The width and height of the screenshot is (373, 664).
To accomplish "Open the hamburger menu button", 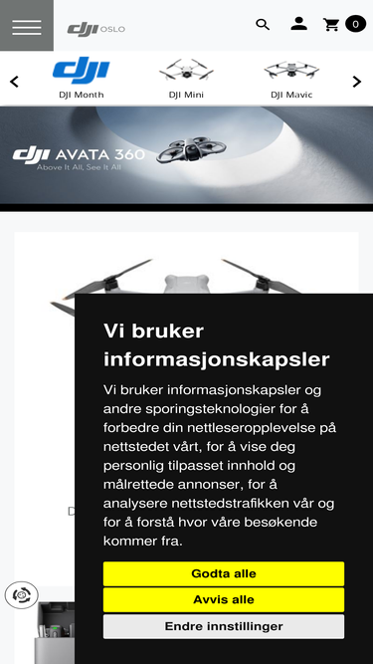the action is pyautogui.click(x=27, y=26).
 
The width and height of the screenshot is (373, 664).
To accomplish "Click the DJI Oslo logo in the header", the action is pyautogui.click(x=95, y=29).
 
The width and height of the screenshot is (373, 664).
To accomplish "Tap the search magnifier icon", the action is pyautogui.click(x=263, y=25).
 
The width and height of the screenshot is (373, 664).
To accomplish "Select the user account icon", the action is pyautogui.click(x=298, y=24).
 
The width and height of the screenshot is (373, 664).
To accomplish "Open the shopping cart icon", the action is pyautogui.click(x=331, y=25).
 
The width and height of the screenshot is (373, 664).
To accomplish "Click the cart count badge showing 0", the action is pyautogui.click(x=355, y=24).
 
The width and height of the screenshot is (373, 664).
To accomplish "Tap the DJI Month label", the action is pyautogui.click(x=82, y=96).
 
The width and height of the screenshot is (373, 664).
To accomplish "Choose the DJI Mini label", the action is pyautogui.click(x=186, y=96).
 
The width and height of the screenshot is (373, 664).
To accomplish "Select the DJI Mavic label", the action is pyautogui.click(x=291, y=96).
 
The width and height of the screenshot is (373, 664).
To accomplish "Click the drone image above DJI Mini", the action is pyautogui.click(x=186, y=70).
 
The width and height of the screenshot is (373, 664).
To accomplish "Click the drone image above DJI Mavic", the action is pyautogui.click(x=291, y=70).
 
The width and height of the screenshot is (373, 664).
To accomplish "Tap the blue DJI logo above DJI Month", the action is pyautogui.click(x=82, y=70).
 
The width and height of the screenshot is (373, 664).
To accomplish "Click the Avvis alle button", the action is pyautogui.click(x=223, y=600).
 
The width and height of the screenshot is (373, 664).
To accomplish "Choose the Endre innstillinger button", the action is pyautogui.click(x=223, y=626).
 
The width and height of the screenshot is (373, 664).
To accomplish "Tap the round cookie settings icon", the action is pyautogui.click(x=21, y=595).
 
